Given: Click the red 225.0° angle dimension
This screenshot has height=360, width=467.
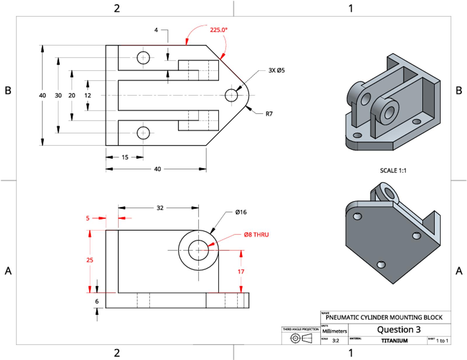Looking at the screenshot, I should pyautogui.click(x=219, y=29).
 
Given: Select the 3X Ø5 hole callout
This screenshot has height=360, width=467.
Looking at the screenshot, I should pyautogui.click(x=276, y=70).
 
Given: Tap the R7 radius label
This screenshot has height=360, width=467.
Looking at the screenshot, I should pyautogui.click(x=269, y=114).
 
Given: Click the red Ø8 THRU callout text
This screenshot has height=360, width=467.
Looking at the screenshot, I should pyautogui.click(x=256, y=235).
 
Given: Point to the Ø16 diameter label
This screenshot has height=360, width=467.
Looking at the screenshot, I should pyautogui.click(x=241, y=212).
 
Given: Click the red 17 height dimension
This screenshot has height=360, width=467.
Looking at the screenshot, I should pyautogui.click(x=241, y=272).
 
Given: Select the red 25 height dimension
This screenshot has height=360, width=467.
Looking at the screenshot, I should pyautogui.click(x=90, y=260).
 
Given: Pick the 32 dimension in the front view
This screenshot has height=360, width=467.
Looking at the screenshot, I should pyautogui.click(x=160, y=208).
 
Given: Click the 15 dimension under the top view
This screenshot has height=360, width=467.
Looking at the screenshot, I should pyautogui.click(x=125, y=157).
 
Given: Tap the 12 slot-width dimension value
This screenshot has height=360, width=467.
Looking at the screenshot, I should pyautogui.click(x=88, y=95).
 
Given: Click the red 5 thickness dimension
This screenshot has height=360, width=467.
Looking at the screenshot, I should pyautogui.click(x=88, y=218).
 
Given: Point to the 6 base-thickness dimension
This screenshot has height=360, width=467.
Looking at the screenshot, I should pyautogui.click(x=97, y=301).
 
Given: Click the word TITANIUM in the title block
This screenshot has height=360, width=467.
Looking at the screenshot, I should pyautogui.click(x=394, y=341).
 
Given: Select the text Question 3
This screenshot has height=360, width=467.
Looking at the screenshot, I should pyautogui.click(x=399, y=330).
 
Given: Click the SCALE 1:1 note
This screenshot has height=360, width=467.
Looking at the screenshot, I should pyautogui.click(x=393, y=171).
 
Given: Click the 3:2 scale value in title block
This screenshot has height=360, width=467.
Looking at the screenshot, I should pyautogui.click(x=336, y=341).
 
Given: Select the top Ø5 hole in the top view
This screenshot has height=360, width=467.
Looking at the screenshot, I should pyautogui.click(x=143, y=58).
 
